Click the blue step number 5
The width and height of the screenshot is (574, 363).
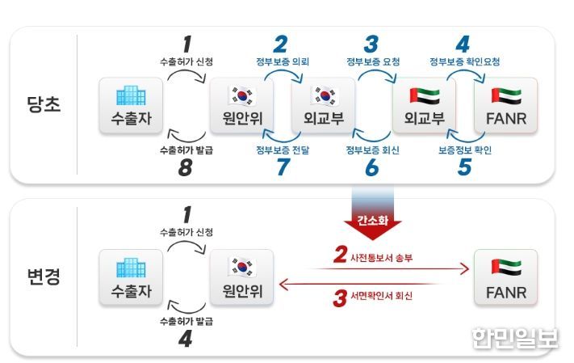pyautogui.click(x=464, y=167)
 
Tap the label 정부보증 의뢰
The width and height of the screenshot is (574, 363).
pyautogui.click(x=283, y=61)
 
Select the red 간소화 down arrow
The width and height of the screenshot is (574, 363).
pyautogui.click(x=373, y=213)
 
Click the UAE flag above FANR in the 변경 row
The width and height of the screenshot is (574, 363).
pyautogui.click(x=506, y=267)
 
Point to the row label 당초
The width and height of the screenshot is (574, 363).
pyautogui.click(x=44, y=104)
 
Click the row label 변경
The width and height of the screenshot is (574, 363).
pyautogui.click(x=44, y=276)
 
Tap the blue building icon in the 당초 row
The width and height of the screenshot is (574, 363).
pyautogui.click(x=131, y=95)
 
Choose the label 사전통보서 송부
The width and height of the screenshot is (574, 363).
pyautogui.click(x=381, y=258)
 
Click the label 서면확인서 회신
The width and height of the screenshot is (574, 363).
pyautogui.click(x=381, y=296)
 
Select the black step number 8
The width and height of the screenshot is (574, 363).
pyautogui.click(x=185, y=167)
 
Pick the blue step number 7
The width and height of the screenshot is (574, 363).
pyautogui.click(x=283, y=167)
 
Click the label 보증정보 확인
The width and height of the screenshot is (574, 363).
pyautogui.click(x=465, y=150)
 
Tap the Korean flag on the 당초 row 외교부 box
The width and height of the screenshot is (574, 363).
pyautogui.click(x=325, y=95)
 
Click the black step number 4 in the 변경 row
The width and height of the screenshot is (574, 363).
pyautogui.click(x=185, y=339)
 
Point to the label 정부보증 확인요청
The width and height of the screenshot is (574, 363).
pyautogui.click(x=464, y=61)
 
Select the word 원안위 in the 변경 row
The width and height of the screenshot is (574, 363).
pyautogui.click(x=242, y=291)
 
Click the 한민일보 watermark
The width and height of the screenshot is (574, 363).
pyautogui.click(x=515, y=338)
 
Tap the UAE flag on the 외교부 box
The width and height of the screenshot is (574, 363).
pyautogui.click(x=425, y=95)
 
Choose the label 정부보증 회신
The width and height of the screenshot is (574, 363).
pyautogui.click(x=373, y=150)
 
